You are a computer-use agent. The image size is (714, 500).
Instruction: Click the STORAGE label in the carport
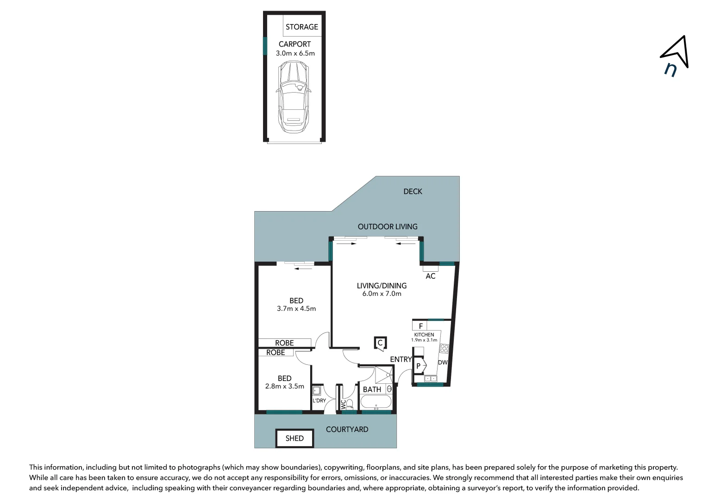(301, 27)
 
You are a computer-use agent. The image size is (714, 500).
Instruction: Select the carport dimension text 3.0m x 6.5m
(295, 53)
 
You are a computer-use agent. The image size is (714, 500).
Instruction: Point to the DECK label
(413, 191)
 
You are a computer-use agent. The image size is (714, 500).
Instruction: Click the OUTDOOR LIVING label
(388, 226)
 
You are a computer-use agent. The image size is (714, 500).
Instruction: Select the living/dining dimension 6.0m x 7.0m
(382, 294)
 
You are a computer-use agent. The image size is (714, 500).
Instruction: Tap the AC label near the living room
(430, 276)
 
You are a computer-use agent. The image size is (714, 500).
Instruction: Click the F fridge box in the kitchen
(420, 326)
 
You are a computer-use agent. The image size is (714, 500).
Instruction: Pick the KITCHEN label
(424, 335)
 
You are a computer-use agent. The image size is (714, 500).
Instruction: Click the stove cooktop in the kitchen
(444, 348)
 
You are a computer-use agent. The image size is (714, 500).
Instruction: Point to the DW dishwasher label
(443, 362)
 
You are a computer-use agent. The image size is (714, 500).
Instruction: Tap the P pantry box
(419, 366)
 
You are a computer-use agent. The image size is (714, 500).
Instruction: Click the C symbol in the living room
(380, 343)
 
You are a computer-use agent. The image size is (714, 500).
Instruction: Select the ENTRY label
(401, 359)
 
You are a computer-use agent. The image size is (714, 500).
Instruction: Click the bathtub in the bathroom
(376, 402)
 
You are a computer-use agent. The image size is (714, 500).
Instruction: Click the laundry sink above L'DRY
(317, 391)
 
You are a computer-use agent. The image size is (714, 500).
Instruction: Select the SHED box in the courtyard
(294, 438)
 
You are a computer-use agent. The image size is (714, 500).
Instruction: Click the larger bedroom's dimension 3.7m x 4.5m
(296, 308)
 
